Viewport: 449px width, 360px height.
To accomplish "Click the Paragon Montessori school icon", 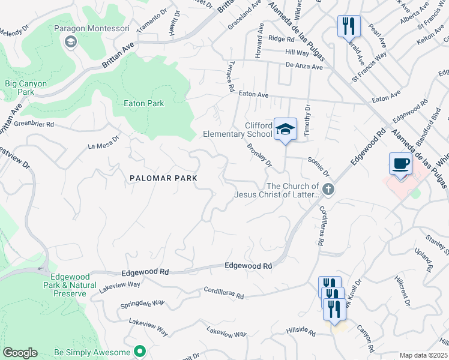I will (71, 41).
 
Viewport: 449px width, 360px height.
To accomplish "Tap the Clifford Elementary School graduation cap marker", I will (286, 128).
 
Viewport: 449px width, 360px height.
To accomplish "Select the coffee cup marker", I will (400, 163).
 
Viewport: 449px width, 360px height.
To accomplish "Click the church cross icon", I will (328, 190).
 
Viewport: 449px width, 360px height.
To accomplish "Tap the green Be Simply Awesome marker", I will (140, 351).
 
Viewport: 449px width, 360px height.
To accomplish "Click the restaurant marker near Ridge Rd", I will (349, 26).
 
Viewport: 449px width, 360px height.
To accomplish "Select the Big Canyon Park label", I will (26, 88).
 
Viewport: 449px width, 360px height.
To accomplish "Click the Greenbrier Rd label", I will (34, 125).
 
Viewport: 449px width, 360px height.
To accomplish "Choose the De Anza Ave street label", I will (304, 65).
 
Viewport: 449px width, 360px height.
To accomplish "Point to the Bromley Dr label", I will (260, 155).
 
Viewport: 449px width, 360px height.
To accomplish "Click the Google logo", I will (19, 353).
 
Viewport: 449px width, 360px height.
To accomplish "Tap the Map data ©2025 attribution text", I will (423, 355).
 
